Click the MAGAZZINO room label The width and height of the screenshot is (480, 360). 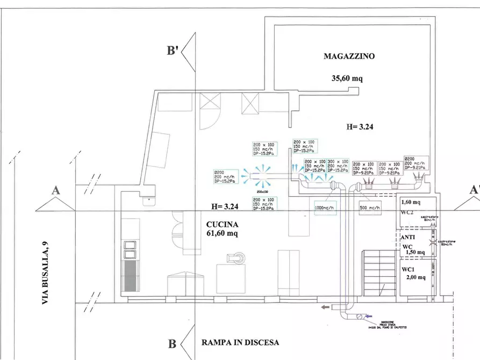click(x=348, y=56)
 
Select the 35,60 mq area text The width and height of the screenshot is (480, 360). click(x=347, y=78)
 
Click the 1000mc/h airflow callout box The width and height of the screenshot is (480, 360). click(x=325, y=208)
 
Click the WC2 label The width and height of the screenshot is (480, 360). click(x=407, y=213)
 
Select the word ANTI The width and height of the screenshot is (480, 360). click(x=408, y=236)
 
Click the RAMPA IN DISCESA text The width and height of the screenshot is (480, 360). click(x=240, y=342)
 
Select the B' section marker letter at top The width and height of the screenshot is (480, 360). click(x=173, y=52)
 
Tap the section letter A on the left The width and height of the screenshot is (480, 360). click(x=55, y=190)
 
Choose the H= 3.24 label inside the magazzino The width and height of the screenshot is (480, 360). click(x=360, y=127)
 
